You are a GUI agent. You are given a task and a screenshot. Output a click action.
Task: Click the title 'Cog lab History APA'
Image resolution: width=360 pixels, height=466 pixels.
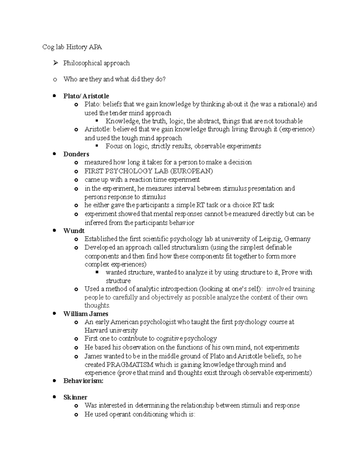pyautogui.click(x=72, y=47)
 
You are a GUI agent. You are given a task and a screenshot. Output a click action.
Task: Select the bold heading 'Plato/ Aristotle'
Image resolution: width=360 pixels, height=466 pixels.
pyautogui.click(x=86, y=96)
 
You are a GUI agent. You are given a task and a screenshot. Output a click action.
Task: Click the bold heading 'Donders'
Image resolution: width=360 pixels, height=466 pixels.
pyautogui.click(x=76, y=154)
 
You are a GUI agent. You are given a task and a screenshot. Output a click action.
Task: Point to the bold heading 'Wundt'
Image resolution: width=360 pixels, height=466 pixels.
pyautogui.click(x=74, y=231)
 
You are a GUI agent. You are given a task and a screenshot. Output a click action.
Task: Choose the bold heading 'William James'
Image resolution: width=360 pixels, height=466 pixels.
pyautogui.click(x=86, y=314)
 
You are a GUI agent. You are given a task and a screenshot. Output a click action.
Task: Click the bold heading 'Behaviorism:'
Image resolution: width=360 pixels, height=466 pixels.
pyautogui.click(x=83, y=381)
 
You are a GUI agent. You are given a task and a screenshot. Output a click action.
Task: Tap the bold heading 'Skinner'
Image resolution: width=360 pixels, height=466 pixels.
pyautogui.click(x=75, y=397)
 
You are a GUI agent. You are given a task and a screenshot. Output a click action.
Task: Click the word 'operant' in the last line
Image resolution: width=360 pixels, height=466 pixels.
pyautogui.click(x=120, y=414)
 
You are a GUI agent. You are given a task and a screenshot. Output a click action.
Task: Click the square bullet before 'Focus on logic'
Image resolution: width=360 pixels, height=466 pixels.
pyautogui.click(x=97, y=146)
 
